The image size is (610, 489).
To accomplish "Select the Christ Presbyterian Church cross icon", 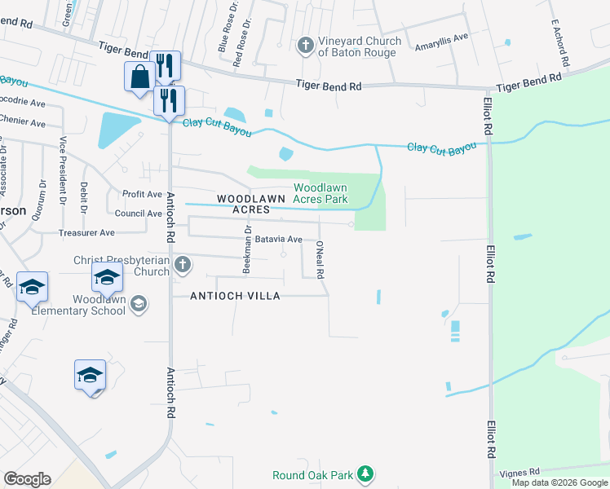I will pos(183,264).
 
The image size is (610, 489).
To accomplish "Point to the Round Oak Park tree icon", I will pos(366,473).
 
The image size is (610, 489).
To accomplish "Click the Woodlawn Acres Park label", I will pos(320,193).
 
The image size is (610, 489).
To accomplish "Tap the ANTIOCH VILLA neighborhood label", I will pos(235,296).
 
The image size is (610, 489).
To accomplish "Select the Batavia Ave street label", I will pos(279,240).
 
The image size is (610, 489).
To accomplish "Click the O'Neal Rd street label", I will pos(320,258).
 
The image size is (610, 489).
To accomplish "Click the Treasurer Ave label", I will pos(86,233).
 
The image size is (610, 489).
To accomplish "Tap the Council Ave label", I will pos(138,214).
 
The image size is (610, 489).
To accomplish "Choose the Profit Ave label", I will pos(142,194).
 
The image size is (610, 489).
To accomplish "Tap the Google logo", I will pos(27,479).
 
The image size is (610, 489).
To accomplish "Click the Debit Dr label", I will pos(85,196).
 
